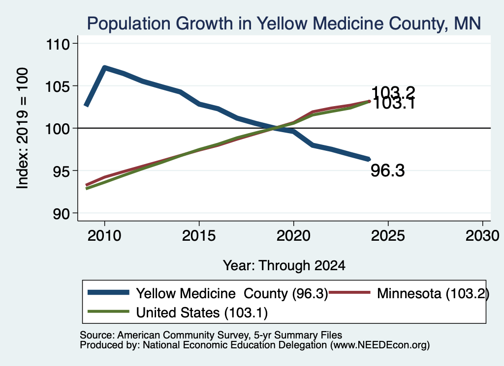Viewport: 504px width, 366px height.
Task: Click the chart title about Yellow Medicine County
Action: point(284,24)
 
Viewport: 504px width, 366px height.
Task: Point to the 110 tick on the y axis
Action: point(58,44)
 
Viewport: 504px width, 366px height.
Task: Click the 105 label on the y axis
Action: point(58,86)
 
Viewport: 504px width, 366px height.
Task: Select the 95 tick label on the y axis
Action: point(62,171)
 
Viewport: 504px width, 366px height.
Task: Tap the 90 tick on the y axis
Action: point(62,214)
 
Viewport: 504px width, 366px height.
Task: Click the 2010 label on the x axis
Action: point(104,236)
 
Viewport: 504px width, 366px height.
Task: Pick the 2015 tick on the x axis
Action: point(199,236)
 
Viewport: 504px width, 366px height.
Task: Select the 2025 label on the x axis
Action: point(388,236)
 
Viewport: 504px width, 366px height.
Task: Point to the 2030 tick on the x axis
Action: point(482,236)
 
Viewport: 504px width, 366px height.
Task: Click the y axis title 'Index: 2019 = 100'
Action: point(22,128)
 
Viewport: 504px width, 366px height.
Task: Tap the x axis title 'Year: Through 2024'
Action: point(284,266)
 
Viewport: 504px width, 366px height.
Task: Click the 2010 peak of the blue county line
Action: point(104,67)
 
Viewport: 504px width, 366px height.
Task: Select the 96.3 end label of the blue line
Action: point(388,170)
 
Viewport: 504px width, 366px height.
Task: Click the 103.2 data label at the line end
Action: point(393,93)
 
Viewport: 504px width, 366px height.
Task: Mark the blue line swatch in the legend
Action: point(108,292)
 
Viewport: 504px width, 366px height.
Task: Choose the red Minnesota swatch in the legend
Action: point(349,292)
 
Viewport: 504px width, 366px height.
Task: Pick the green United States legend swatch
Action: point(108,311)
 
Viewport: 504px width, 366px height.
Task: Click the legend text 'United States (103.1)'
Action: point(202,313)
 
